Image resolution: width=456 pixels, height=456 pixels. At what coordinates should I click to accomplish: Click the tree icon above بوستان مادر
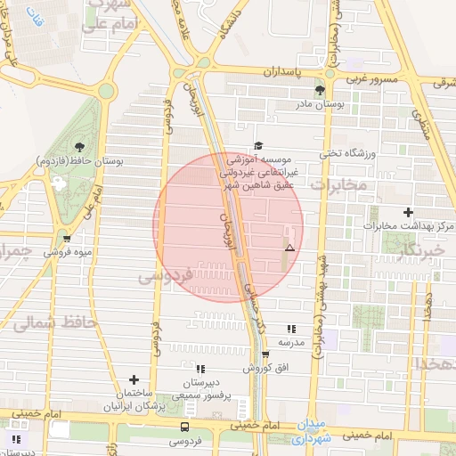[320, 90]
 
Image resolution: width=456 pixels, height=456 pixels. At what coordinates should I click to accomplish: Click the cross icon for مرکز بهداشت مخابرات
[408, 212]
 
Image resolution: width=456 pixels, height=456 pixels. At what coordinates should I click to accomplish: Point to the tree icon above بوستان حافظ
[81, 146]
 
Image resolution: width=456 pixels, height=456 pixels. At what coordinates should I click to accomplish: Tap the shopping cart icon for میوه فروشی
[67, 238]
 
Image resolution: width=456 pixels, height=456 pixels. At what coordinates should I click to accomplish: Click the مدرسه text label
[292, 342]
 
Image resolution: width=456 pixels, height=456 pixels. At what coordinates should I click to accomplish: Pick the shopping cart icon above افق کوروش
[265, 354]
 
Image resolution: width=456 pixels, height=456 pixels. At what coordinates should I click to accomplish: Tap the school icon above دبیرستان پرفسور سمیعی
[200, 368]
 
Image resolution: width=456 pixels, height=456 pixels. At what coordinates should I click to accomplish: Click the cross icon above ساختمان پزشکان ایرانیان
[134, 380]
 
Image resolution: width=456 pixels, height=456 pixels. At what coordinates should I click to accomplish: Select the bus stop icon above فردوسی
[185, 427]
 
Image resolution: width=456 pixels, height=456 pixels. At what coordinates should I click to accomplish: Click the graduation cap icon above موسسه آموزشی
[258, 145]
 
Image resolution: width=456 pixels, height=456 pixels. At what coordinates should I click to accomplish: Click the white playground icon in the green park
[60, 182]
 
